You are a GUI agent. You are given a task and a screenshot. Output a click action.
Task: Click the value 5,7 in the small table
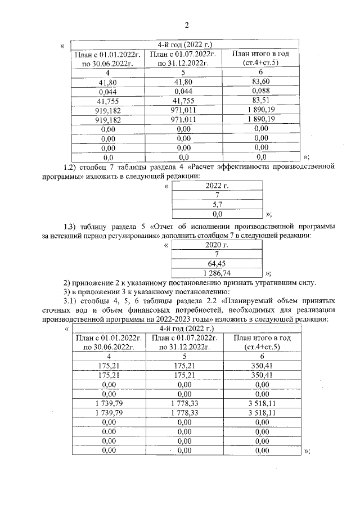[218, 205]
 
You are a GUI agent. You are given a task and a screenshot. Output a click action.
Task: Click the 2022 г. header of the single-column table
[218, 185]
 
